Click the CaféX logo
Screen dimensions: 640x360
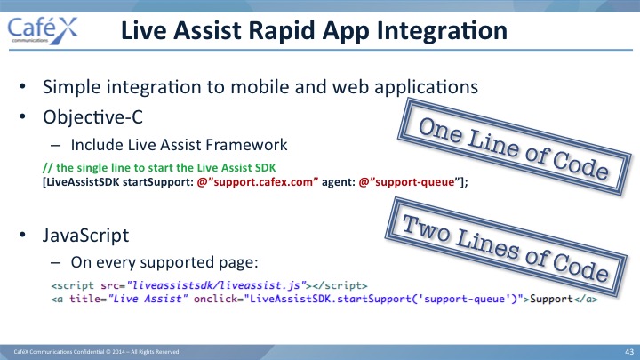43,30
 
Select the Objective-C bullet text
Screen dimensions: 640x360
92,117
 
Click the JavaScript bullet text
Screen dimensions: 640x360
85,235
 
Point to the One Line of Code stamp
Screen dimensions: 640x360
514,147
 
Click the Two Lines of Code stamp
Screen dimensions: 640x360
506,247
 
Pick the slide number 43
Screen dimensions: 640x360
629,352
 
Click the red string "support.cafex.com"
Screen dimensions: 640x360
257,182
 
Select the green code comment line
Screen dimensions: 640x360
159,168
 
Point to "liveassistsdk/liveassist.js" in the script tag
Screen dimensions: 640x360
216,285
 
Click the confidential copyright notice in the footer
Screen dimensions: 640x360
97,352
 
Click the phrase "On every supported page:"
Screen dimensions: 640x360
164,262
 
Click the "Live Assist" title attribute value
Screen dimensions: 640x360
148,299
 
